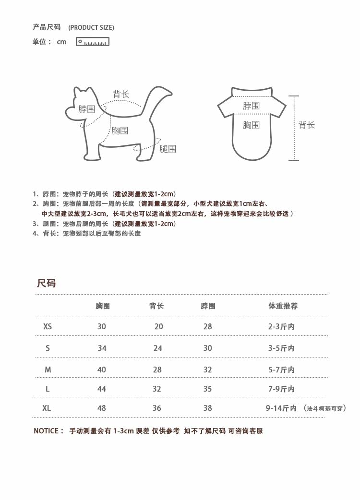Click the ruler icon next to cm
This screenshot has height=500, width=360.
tap(93, 42)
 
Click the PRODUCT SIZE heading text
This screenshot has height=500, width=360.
tap(91, 27)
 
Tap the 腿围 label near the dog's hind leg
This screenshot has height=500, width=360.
tap(168, 149)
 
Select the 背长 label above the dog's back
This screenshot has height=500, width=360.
tap(121, 94)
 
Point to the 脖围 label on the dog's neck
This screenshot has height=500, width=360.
tap(86, 109)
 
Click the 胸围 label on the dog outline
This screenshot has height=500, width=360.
tap(120, 131)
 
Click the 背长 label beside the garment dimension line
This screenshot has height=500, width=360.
tap(307, 125)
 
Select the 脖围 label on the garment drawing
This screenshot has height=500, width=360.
tap(251, 106)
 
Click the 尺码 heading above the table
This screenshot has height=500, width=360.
tap(47, 283)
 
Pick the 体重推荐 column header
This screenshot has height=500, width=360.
tap(283, 306)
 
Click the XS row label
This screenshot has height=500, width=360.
tap(48, 326)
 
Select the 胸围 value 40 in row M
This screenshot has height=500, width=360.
tap(102, 369)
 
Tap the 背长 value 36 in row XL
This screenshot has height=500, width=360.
tap(157, 408)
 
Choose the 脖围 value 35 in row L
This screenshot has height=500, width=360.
tap(207, 389)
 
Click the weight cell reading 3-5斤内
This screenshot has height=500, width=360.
tap(281, 348)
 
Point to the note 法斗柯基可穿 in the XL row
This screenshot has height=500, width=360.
tap(325, 409)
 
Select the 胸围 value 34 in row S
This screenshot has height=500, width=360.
tap(102, 348)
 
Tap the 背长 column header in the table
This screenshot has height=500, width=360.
tap(156, 306)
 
